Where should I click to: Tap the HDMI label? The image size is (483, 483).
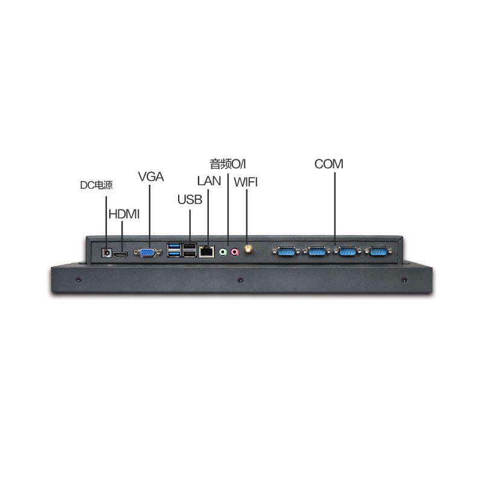(x=124, y=213)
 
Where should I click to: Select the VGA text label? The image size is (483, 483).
(x=151, y=177)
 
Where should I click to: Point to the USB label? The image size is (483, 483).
(x=190, y=200)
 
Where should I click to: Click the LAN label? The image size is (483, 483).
(x=209, y=181)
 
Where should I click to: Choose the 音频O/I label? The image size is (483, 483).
(x=228, y=163)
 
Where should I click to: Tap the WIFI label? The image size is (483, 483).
(x=246, y=182)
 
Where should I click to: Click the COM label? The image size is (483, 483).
(x=328, y=164)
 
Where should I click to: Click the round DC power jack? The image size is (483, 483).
(x=107, y=253)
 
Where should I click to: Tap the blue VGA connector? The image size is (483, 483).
(x=147, y=253)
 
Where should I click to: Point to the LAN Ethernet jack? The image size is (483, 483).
(x=207, y=251)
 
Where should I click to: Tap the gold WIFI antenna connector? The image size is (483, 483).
(x=248, y=250)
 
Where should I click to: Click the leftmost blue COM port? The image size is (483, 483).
(x=286, y=251)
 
